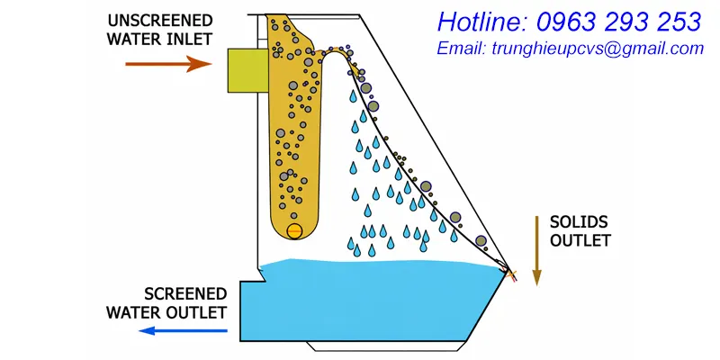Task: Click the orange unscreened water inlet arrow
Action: (168, 64)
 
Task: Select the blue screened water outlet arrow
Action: (183, 330)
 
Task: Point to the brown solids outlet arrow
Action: (536, 251)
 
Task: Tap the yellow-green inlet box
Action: (248, 71)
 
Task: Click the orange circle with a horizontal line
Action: (294, 231)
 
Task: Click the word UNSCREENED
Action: (160, 21)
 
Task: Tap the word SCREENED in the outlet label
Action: (186, 294)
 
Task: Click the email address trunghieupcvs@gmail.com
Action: (598, 49)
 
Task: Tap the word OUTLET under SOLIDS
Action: (580, 240)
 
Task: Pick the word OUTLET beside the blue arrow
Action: (197, 312)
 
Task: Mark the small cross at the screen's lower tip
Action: (510, 275)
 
